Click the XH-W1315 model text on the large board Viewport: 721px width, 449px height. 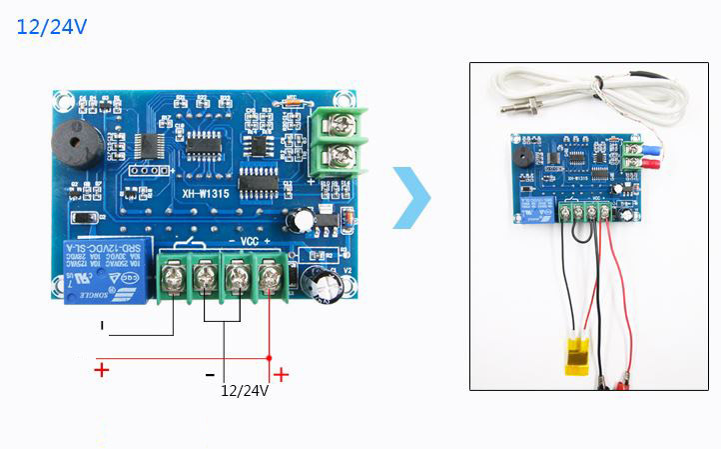tap(212, 196)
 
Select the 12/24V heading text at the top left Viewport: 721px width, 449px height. tap(52, 27)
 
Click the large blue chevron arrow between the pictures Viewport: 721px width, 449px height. tap(410, 198)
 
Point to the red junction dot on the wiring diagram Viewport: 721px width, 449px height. tap(269, 357)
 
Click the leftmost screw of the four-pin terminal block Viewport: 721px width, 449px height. tap(173, 276)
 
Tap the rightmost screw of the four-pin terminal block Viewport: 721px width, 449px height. tap(269, 276)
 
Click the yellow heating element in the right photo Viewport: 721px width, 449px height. tap(576, 351)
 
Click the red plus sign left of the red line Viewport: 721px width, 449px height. tap(101, 370)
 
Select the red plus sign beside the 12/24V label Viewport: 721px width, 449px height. tap(282, 374)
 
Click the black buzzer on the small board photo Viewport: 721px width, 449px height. tap(520, 159)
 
